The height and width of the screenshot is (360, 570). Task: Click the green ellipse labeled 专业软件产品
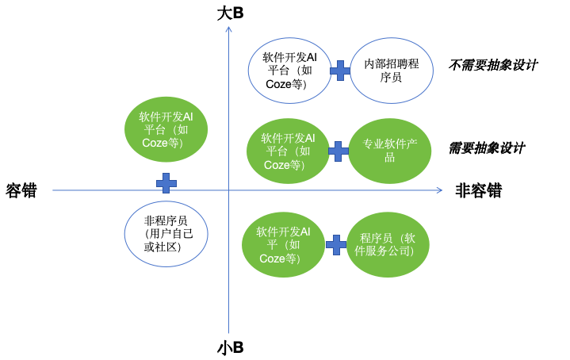[x=389, y=151]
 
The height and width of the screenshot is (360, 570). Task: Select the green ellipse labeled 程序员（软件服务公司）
[x=388, y=244]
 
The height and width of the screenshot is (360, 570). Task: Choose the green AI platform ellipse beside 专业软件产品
[x=288, y=151]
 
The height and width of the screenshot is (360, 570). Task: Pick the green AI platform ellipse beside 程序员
[x=283, y=245]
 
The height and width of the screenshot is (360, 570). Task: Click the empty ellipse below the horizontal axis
[x=166, y=233]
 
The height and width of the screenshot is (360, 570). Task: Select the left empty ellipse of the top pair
[x=289, y=71]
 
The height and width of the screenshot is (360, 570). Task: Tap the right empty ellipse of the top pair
[x=392, y=71]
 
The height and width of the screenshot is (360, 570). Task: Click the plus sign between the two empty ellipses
[x=340, y=71]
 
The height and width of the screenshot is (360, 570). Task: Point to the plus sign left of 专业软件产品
[x=339, y=151]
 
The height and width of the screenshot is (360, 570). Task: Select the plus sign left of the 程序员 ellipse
[x=336, y=245]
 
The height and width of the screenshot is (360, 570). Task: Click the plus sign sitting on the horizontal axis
[x=166, y=183]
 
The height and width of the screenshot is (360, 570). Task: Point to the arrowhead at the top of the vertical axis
[x=228, y=29]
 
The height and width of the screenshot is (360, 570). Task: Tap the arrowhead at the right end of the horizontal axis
[x=439, y=190]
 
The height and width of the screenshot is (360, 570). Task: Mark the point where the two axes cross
[x=228, y=190]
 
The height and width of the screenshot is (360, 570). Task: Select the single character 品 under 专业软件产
[x=389, y=157]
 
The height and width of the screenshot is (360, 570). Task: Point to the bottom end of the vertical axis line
[x=228, y=332]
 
